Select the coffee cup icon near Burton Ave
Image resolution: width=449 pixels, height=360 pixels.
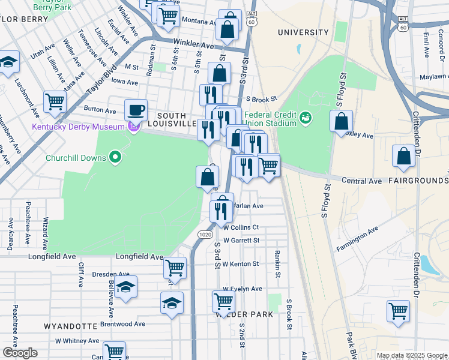pos(136,110)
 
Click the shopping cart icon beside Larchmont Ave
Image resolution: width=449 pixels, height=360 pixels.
pos(55,101)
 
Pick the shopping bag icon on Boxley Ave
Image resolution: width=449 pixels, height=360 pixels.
pos(341,121)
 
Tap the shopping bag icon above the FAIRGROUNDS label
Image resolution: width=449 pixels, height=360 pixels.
pos(403,156)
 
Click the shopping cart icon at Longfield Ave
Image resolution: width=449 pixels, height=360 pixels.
pos(175,267)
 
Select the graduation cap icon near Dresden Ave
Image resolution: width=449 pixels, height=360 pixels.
pos(126,288)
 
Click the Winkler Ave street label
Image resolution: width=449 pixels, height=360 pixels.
pos(193,44)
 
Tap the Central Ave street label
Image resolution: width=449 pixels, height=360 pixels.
pos(362,181)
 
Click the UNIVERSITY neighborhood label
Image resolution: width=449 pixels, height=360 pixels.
pos(303,32)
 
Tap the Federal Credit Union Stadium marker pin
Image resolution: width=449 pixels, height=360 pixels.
pos(307,117)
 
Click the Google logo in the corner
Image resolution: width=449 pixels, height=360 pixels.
pos(20,353)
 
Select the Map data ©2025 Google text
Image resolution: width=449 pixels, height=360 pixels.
pos(412,355)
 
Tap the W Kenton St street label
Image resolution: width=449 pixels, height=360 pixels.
pos(240,263)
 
